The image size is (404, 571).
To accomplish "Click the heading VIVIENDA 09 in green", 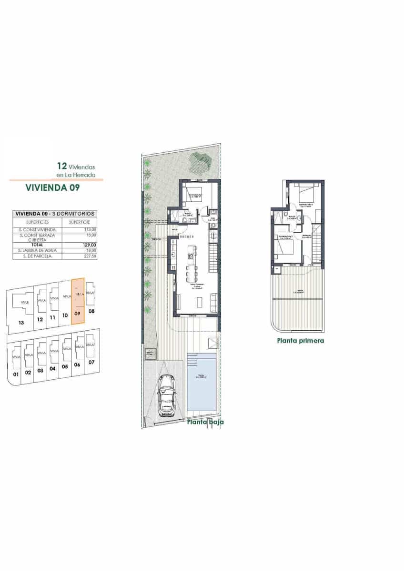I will click(52, 187).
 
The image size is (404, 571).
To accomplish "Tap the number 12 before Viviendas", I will click(61, 166).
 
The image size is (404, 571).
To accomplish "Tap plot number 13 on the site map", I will click(20, 323).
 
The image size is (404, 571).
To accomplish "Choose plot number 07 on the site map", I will click(91, 363).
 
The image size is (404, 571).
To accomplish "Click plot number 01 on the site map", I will click(16, 374).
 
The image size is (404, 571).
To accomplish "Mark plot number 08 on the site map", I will click(91, 311).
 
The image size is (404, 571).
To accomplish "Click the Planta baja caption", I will click(205, 422).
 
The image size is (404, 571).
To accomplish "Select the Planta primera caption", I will click(300, 341).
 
